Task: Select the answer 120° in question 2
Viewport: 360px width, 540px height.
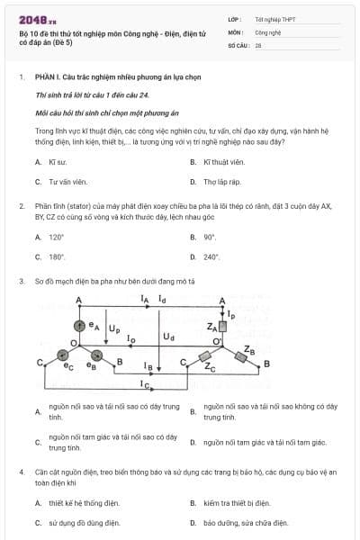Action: pyautogui.click(x=57, y=238)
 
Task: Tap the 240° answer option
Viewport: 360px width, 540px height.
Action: pyautogui.click(x=211, y=256)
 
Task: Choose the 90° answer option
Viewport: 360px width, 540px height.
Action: pyautogui.click(x=210, y=238)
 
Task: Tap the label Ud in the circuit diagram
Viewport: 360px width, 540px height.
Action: pyautogui.click(x=168, y=337)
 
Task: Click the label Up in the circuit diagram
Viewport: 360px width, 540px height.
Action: pyautogui.click(x=114, y=329)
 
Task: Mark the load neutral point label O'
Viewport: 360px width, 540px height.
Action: pyautogui.click(x=216, y=343)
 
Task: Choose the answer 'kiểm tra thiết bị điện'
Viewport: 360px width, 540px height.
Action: pyautogui.click(x=236, y=503)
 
